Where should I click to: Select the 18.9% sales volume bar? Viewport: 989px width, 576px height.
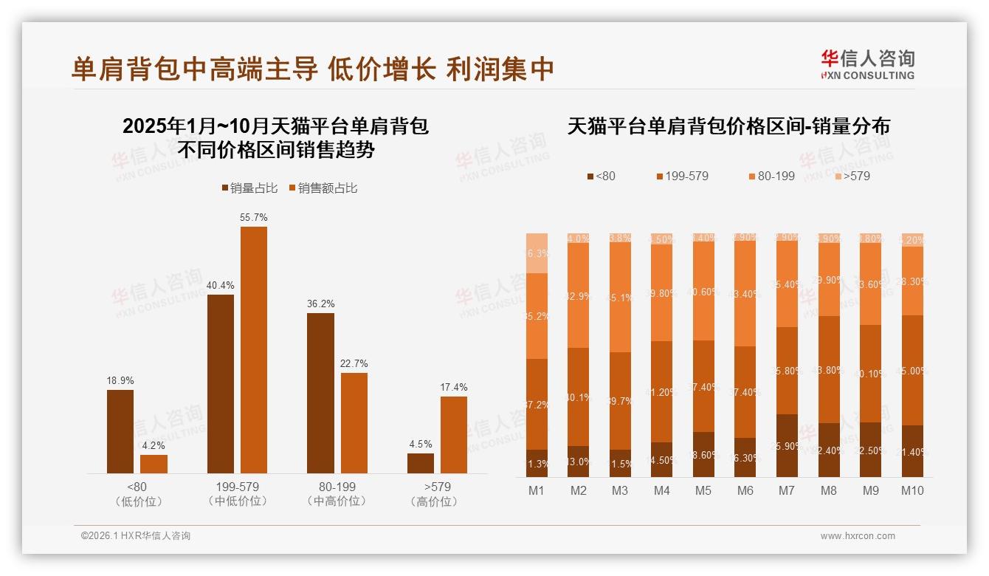click(120, 431)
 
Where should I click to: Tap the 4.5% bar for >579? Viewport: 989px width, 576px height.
click(421, 463)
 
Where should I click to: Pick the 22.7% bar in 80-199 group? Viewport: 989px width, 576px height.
click(354, 422)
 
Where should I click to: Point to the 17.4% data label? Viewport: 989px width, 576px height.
click(454, 388)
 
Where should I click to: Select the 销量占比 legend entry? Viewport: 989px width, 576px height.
click(249, 188)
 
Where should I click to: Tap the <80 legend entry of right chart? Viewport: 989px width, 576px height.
click(601, 176)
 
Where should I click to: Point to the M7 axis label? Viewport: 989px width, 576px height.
click(788, 490)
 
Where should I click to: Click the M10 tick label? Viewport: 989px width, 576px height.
click(912, 490)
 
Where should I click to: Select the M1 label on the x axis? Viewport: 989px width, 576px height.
click(537, 490)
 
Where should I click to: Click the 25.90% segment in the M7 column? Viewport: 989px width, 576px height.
click(788, 445)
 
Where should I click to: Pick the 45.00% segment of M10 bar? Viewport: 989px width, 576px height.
click(912, 370)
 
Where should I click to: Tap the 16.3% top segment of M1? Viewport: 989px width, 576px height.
click(537, 253)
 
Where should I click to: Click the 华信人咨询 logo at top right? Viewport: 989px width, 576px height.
click(868, 65)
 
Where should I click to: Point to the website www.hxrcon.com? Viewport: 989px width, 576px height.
click(858, 536)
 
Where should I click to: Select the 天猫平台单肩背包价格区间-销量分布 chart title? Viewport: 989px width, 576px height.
click(729, 126)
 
